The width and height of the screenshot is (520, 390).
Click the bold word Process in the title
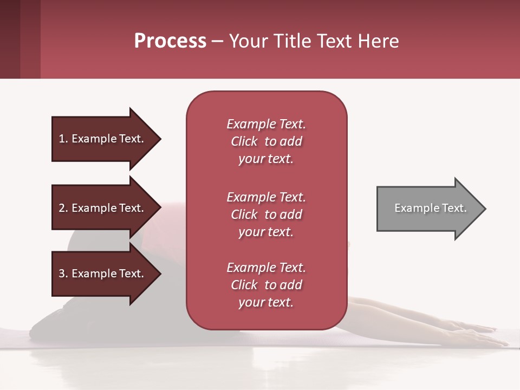(170, 41)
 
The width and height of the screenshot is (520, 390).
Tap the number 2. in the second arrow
(63, 208)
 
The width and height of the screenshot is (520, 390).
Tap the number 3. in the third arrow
(63, 274)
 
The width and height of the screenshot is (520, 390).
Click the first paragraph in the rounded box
(266, 141)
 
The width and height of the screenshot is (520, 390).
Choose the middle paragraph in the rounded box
(266, 214)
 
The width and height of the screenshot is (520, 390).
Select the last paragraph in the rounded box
(266, 285)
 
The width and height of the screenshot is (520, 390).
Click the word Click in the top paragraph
(244, 141)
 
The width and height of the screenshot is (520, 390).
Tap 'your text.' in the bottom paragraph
(266, 302)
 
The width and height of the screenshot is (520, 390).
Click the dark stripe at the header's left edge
(10, 39)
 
